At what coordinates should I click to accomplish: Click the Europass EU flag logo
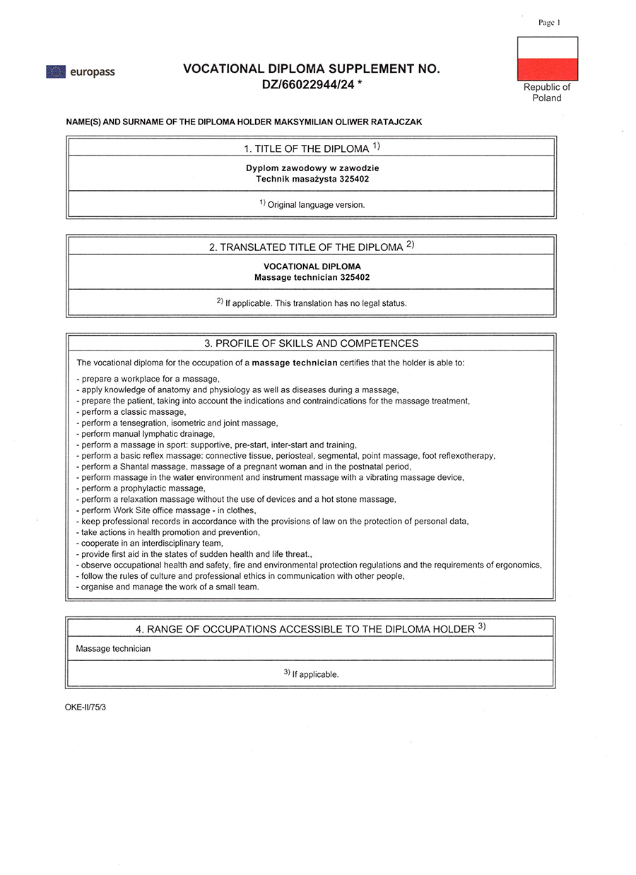[56, 71]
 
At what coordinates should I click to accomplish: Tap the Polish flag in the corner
[548, 58]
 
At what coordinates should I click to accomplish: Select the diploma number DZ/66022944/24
[307, 85]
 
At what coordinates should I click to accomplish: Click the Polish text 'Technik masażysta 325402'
[312, 179]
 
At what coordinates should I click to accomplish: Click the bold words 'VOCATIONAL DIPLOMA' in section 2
[312, 266]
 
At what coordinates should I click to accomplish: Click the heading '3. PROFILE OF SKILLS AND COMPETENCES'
[312, 343]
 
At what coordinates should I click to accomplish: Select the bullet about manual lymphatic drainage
[146, 433]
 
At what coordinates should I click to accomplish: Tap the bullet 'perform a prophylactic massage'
[142, 488]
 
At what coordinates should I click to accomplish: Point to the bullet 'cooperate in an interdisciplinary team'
[151, 543]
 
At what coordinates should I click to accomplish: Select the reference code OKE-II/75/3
[85, 707]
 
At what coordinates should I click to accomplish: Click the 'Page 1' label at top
[548, 23]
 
